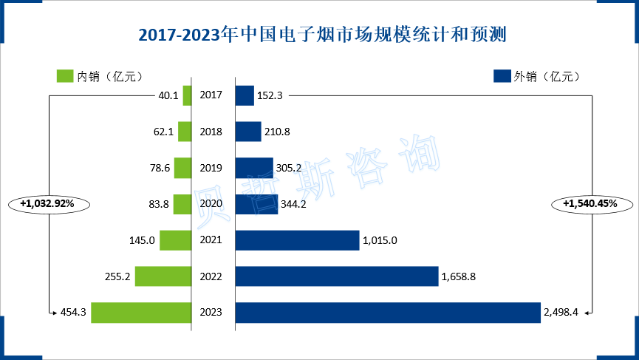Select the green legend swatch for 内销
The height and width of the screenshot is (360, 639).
point(65,76)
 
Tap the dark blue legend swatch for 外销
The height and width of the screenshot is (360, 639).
point(502,76)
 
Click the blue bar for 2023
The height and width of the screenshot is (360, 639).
point(388,313)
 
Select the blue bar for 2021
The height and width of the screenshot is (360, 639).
point(297,240)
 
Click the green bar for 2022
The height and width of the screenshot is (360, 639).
point(163,276)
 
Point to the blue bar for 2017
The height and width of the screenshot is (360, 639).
point(245,95)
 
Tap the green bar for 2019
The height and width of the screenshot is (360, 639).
point(182,168)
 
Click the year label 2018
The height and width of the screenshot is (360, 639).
point(211,132)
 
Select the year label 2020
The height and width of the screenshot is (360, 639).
point(211,204)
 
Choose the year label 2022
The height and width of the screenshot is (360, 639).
point(211,276)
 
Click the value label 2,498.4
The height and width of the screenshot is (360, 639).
point(562,313)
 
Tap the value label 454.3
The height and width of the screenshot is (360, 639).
point(74,313)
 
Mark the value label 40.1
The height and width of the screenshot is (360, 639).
point(168,95)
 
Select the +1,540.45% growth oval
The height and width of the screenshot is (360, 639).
point(590,203)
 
